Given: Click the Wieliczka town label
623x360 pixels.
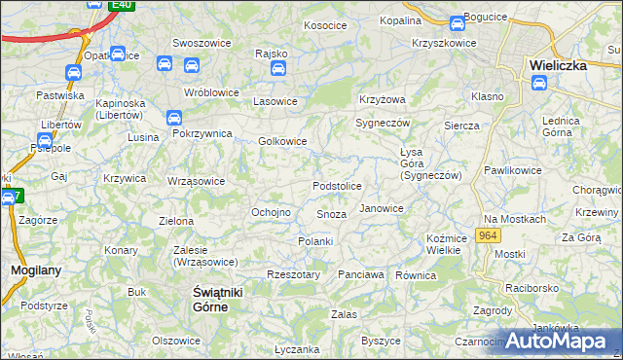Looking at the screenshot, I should coord(557,65).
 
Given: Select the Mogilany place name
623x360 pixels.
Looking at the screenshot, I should coord(30,269).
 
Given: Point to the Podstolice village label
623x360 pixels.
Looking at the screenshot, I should coord(337,186).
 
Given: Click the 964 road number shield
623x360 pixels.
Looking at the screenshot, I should coord(489,236).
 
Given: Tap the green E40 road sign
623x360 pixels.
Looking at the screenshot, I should coord(122,5).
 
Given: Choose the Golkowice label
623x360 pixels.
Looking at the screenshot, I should coord(282,141).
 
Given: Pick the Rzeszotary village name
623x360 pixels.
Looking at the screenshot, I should coord(293,275).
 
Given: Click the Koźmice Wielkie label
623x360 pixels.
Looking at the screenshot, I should coord(444,244).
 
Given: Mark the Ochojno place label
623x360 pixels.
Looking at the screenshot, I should coord(272,212).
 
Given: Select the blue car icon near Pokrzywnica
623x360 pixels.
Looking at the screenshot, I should coord(174,119).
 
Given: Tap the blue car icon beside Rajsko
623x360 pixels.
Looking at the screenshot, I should coord(277,68).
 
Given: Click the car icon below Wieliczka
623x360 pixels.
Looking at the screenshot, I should coord(539,83).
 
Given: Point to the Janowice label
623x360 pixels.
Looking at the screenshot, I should coord(382,208).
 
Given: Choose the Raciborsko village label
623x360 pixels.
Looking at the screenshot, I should coord(531,288).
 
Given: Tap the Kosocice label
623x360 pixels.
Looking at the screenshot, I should coord(325,25).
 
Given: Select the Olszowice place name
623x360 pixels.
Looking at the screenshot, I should coord(176,341).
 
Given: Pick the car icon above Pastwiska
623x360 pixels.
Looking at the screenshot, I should coord(73,73).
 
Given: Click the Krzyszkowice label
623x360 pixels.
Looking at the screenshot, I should coord(444,43).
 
